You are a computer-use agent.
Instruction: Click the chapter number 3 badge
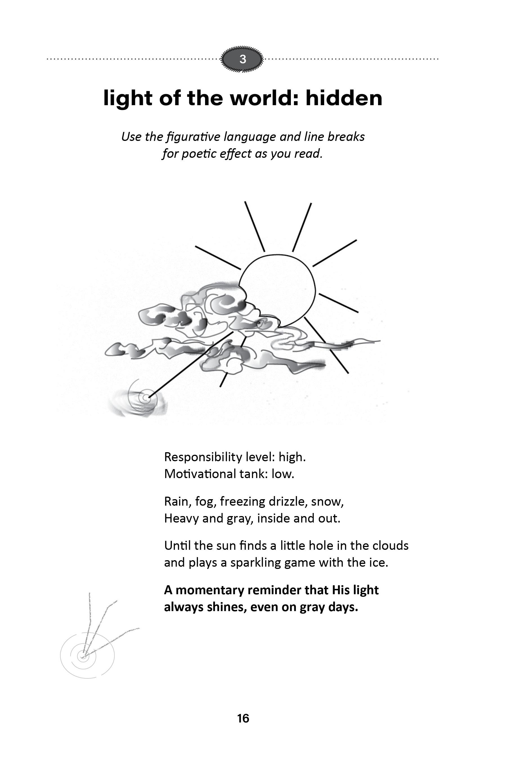coord(243,59)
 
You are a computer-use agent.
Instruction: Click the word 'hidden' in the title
coord(344,98)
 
